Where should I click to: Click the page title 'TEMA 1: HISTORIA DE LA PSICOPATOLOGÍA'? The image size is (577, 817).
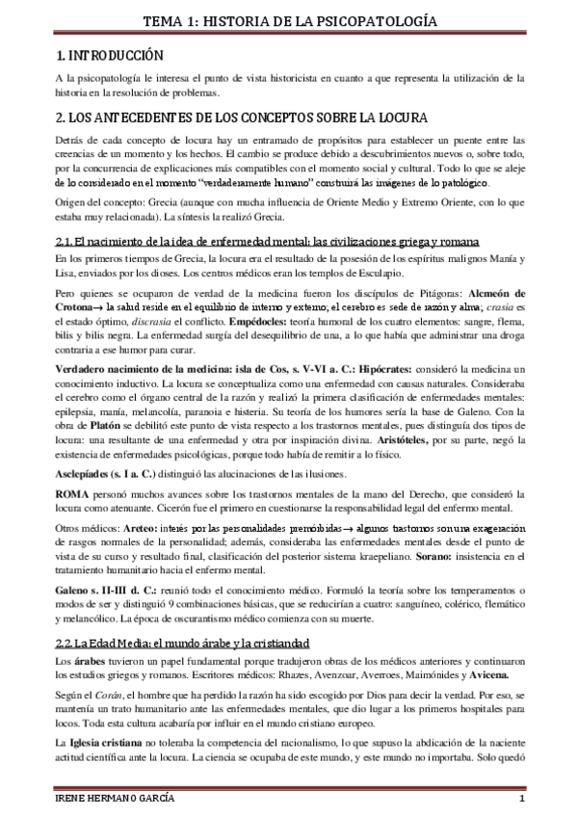[288, 20]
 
